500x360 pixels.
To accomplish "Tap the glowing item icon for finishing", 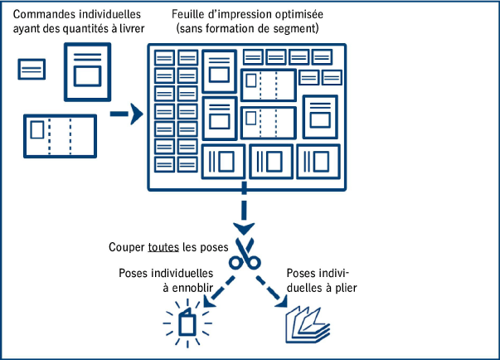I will (x=187, y=324).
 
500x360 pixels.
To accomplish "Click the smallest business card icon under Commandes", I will (x=32, y=70).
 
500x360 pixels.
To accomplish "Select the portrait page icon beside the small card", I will (x=86, y=71).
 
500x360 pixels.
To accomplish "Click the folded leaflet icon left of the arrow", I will (x=59, y=136).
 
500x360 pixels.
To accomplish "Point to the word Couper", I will (x=127, y=248).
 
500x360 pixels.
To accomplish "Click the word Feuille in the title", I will (x=189, y=16).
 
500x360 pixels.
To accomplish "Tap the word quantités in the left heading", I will (x=82, y=30).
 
